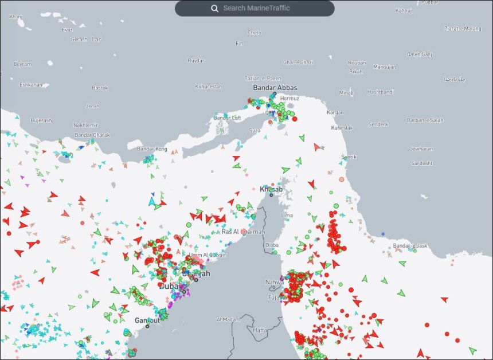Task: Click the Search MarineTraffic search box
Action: [256, 8]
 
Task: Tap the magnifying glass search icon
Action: [214, 8]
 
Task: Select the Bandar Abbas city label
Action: [275, 88]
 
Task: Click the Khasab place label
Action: [271, 189]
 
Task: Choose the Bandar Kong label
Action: [152, 149]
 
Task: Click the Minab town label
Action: [346, 92]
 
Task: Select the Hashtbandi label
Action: [381, 92]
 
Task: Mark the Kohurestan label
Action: [208, 87]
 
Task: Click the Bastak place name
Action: [100, 88]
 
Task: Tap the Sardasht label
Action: [421, 163]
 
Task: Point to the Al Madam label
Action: [228, 319]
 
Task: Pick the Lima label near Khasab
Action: [287, 216]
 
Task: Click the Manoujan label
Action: [384, 66]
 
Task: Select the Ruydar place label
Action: [196, 60]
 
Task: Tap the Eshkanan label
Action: [31, 85]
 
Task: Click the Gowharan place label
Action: [421, 148]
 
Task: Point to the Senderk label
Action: [378, 124]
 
